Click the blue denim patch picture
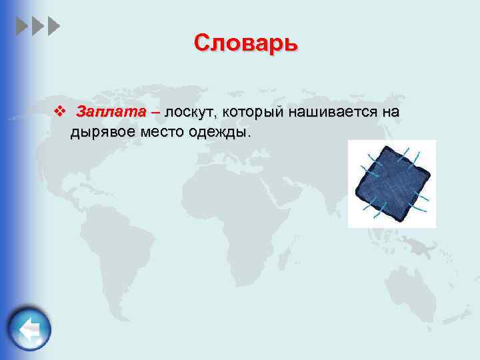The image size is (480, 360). click(391, 184)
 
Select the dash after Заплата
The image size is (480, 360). click(155, 111)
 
